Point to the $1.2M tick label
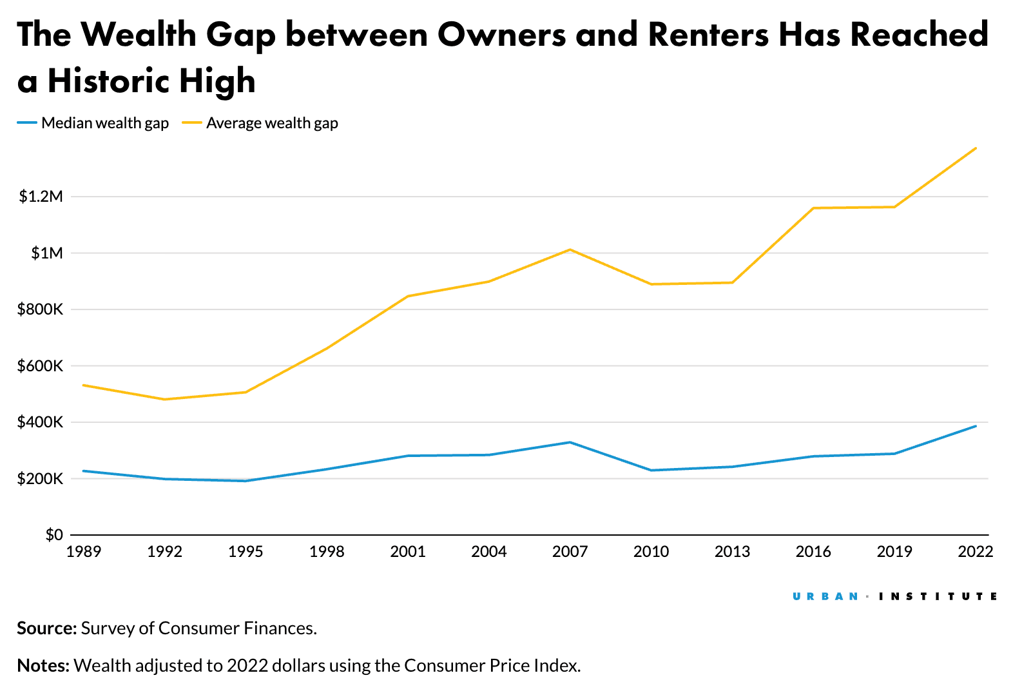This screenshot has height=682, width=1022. tap(41, 197)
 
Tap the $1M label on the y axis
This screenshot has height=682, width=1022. tap(47, 253)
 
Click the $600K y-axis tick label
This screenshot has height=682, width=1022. tap(41, 366)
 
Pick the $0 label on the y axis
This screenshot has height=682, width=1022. tap(54, 535)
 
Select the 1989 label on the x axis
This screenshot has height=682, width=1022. tap(84, 552)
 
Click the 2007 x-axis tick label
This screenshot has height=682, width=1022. tap(570, 552)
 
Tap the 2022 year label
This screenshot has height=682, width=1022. tap(976, 552)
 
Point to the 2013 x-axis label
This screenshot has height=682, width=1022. tap(732, 552)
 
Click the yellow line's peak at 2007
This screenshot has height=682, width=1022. tap(570, 249)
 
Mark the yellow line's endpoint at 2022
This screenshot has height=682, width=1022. tap(976, 148)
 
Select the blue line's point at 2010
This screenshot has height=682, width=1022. tap(651, 470)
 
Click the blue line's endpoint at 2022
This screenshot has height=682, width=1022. tap(976, 426)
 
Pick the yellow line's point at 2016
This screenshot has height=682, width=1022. tap(813, 208)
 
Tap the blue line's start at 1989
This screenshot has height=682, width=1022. tap(84, 471)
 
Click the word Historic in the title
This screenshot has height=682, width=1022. tap(151, 82)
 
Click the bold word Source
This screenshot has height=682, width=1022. tap(46, 628)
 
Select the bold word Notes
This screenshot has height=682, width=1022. tap(43, 665)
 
